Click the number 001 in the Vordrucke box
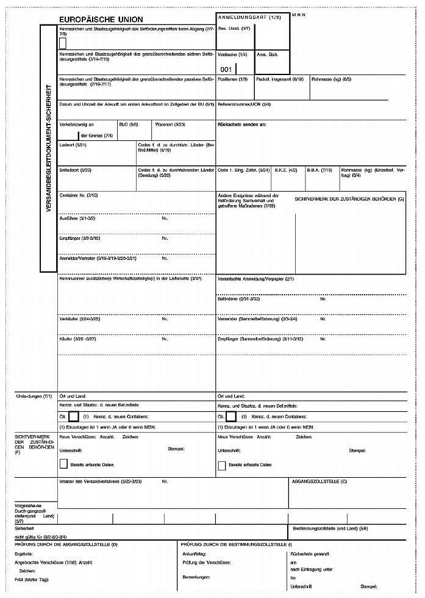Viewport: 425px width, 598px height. [x=226, y=69]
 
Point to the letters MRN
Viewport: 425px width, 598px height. [x=298, y=14]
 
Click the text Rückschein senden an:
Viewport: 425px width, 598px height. [x=241, y=124]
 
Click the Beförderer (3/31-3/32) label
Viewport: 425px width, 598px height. [x=239, y=299]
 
